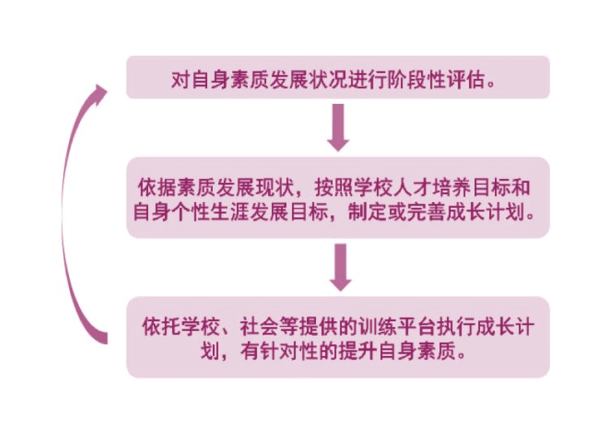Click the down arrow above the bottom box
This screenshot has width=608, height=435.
(x=338, y=265)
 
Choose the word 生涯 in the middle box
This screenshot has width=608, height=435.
(x=233, y=212)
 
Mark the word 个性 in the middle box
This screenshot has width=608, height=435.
(x=195, y=212)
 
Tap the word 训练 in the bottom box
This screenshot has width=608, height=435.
(x=373, y=324)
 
